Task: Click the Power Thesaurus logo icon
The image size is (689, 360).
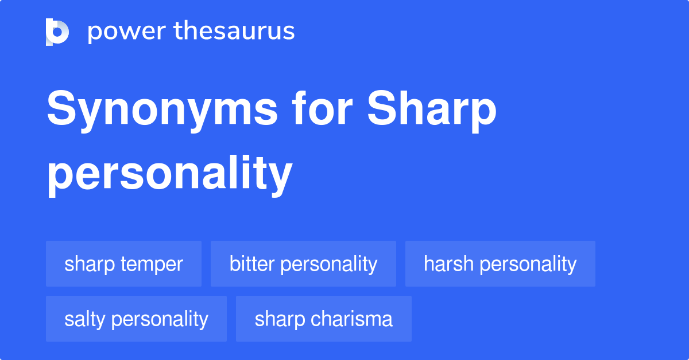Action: (x=57, y=32)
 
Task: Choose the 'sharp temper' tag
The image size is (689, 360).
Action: (x=123, y=264)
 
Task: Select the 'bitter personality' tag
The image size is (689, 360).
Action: (x=303, y=264)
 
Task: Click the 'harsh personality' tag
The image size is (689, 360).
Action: (x=500, y=264)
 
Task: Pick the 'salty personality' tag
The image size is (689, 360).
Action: (x=136, y=319)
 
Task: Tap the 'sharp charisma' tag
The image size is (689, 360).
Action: (x=324, y=319)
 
